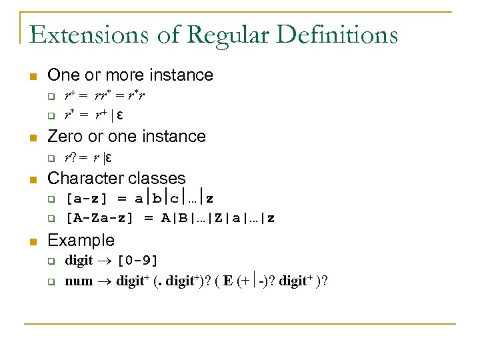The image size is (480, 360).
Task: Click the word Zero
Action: [x=65, y=136]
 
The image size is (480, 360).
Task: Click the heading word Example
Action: [x=81, y=240]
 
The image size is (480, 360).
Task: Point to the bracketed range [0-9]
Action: [x=137, y=259]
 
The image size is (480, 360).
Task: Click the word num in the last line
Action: [x=78, y=281]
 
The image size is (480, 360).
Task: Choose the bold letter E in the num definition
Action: [x=228, y=281]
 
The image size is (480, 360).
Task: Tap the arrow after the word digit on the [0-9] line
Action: [x=105, y=259]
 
